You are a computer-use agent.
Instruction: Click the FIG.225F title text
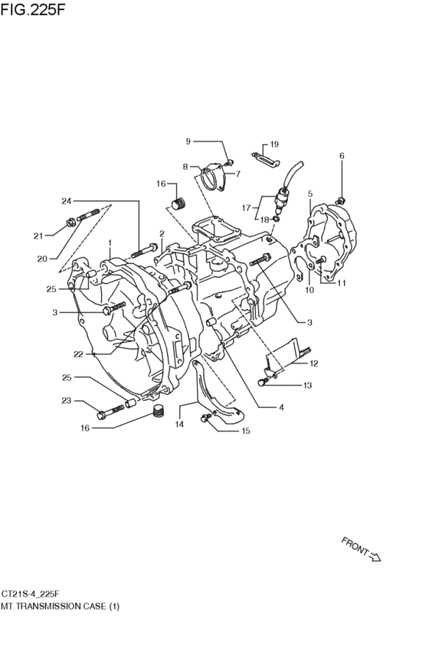tap(33, 9)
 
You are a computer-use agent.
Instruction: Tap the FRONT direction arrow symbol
tap(375, 557)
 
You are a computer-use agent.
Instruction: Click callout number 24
tap(67, 201)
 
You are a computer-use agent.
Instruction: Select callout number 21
tap(38, 236)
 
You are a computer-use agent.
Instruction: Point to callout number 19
tap(274, 145)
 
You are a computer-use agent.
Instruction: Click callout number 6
tap(342, 156)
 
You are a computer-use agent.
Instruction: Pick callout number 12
tap(314, 363)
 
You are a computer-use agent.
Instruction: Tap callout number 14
tap(179, 425)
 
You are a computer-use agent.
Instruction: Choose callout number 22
tap(79, 354)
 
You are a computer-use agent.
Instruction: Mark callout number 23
tap(67, 401)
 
